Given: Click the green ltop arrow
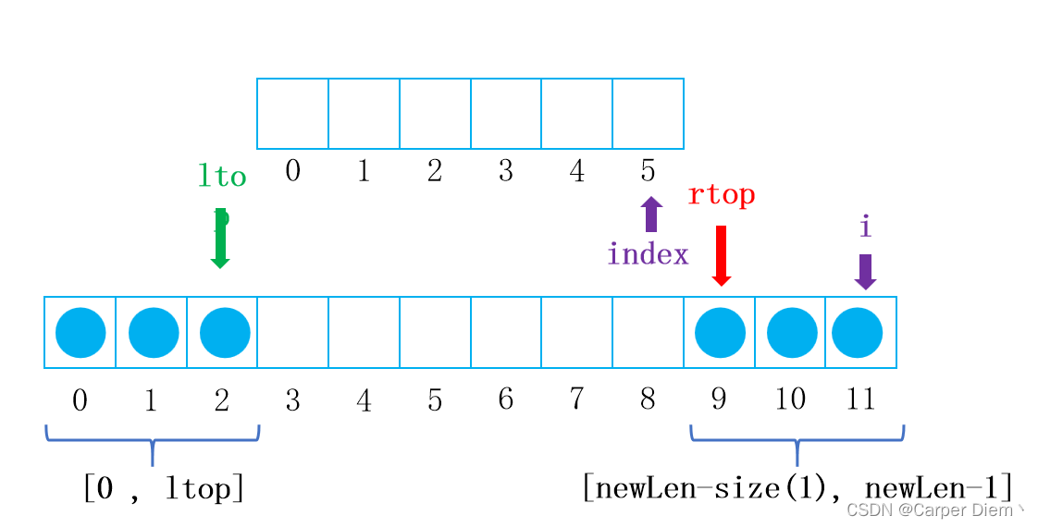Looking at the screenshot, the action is pyautogui.click(x=220, y=239).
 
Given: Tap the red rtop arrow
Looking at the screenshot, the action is pyautogui.click(x=721, y=255).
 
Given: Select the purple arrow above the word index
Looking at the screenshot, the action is pyautogui.click(x=651, y=214).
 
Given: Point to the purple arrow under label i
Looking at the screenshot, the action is pyautogui.click(x=865, y=271).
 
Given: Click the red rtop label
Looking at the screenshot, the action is pyautogui.click(x=721, y=195).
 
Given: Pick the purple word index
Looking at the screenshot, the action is pyautogui.click(x=648, y=254).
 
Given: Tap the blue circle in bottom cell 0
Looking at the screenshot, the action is pyautogui.click(x=80, y=332).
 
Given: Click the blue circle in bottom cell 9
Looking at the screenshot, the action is pyautogui.click(x=720, y=332).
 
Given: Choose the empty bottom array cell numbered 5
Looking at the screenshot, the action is pyautogui.click(x=435, y=332).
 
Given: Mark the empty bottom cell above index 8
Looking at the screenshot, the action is pyautogui.click(x=648, y=332).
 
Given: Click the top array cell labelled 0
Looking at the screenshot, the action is pyautogui.click(x=292, y=113).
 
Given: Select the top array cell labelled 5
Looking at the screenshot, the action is pyautogui.click(x=648, y=113).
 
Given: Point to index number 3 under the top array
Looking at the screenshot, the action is pyautogui.click(x=505, y=170).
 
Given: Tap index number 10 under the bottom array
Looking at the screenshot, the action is pyautogui.click(x=789, y=399).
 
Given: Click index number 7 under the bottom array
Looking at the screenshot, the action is pyautogui.click(x=576, y=399).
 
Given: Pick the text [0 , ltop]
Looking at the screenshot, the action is pyautogui.click(x=163, y=487).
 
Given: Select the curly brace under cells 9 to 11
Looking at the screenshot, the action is pyautogui.click(x=797, y=439).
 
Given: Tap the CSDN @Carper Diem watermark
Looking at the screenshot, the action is pyautogui.click(x=934, y=510).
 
